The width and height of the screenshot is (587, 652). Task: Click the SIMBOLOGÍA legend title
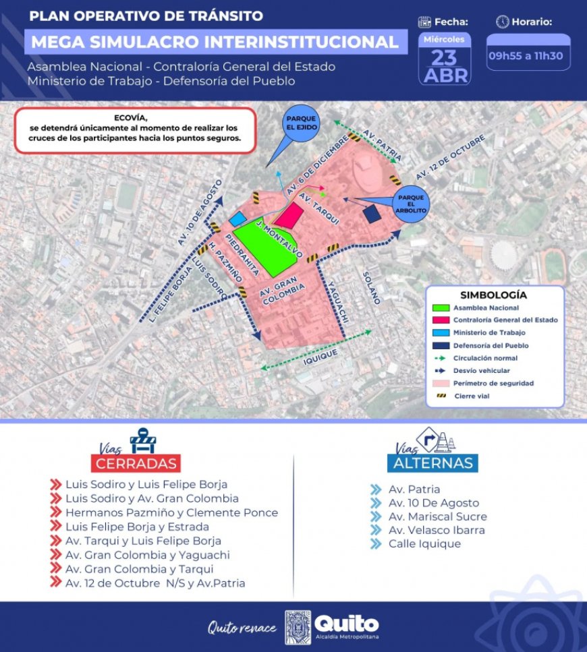coord(493,295)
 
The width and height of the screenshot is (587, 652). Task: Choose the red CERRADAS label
coord(137,463)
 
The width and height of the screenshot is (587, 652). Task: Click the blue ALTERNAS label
coord(432,463)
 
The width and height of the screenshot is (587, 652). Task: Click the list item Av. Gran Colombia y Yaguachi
coord(148,555)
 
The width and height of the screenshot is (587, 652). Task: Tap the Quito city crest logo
coord(298,627)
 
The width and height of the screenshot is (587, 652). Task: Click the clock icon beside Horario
coord(502,22)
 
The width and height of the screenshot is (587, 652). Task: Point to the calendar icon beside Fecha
coord(425,22)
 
